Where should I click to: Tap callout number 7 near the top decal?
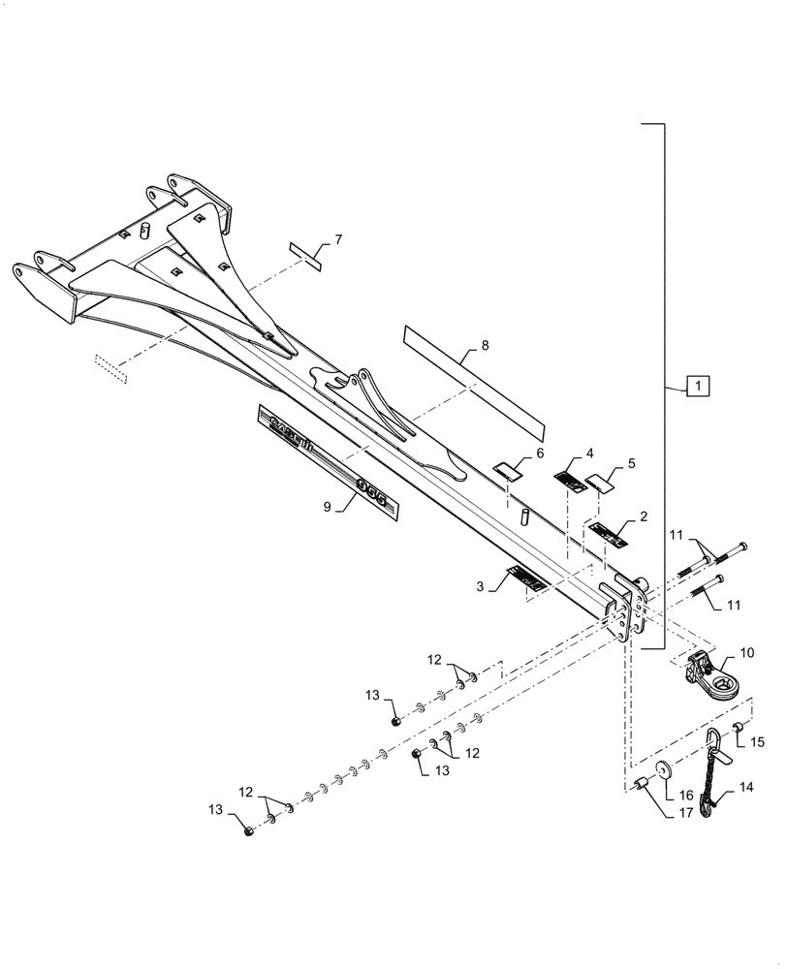pos(338,238)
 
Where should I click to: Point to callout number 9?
pos(328,506)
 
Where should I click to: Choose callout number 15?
pos(757,742)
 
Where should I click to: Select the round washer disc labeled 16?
pos(666,769)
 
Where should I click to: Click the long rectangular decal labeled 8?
pos(474,381)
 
